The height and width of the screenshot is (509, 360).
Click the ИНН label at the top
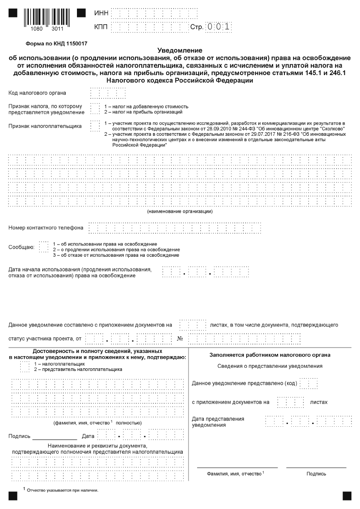click(100, 13)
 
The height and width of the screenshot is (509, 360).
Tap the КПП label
click(100, 27)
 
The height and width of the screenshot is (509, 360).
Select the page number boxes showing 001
click(218, 27)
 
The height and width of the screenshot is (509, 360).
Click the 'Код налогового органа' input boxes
click(108, 93)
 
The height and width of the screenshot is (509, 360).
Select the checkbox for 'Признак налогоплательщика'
click(94, 126)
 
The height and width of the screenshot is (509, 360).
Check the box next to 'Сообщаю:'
click(43, 247)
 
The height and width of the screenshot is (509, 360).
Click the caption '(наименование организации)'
click(180, 211)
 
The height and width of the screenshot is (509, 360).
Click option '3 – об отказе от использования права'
click(116, 255)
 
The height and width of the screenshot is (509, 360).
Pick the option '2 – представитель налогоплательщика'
click(78, 369)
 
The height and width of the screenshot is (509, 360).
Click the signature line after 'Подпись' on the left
click(54, 437)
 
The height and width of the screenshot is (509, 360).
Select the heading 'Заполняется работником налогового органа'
click(270, 355)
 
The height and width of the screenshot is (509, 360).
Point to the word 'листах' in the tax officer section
click(319, 402)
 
